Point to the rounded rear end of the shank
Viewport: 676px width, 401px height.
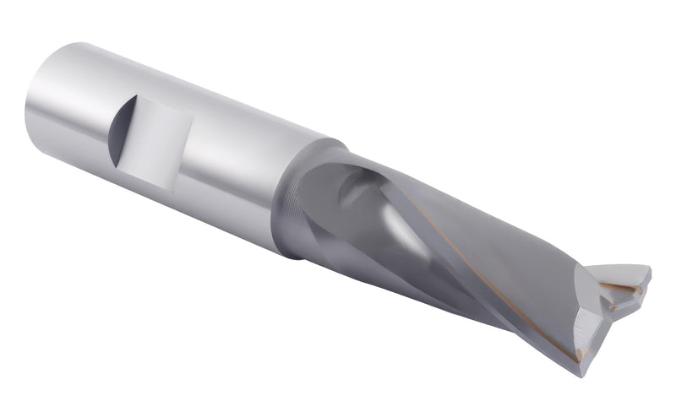pyautogui.click(x=38, y=110)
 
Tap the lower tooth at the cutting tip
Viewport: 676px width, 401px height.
pyautogui.click(x=591, y=329)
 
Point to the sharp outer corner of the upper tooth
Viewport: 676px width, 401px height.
pyautogui.click(x=649, y=270)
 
